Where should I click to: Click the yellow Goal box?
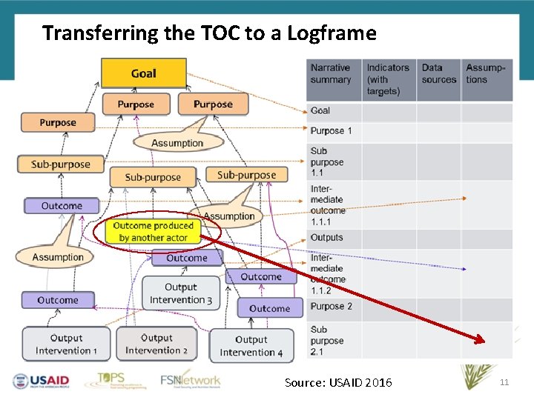pyautogui.click(x=143, y=73)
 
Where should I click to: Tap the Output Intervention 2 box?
pyautogui.click(x=156, y=344)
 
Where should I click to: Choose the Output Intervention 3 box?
pyautogui.click(x=181, y=293)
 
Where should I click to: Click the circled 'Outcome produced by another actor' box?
pyautogui.click(x=153, y=231)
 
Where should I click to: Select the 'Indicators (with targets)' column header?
pyautogui.click(x=388, y=80)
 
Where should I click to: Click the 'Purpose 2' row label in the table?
pyautogui.click(x=332, y=307)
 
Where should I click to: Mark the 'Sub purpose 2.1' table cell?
pyautogui.click(x=327, y=341)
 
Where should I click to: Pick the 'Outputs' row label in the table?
pyautogui.click(x=327, y=238)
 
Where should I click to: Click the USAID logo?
pyautogui.click(x=41, y=381)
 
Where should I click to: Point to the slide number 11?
pyautogui.click(x=504, y=381)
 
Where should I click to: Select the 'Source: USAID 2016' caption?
pyautogui.click(x=338, y=382)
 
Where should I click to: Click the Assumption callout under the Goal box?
pyautogui.click(x=177, y=142)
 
